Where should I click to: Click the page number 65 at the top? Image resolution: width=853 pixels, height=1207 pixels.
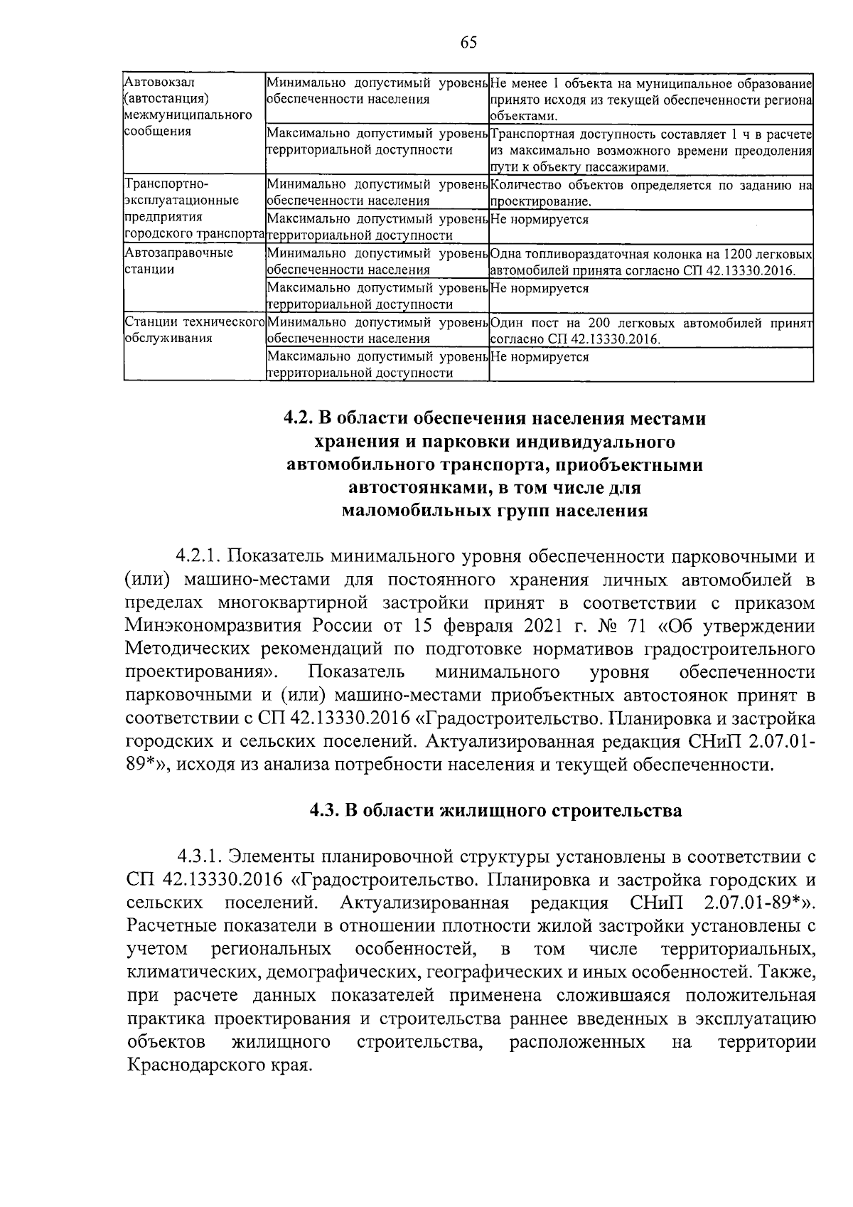point(468,43)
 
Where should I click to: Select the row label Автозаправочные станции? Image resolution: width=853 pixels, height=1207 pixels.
point(178,261)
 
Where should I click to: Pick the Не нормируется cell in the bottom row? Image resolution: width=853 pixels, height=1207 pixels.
point(540,357)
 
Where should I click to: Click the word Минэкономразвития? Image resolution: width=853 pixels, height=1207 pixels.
point(211,626)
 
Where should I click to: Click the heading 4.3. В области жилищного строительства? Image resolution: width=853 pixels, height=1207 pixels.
point(495,811)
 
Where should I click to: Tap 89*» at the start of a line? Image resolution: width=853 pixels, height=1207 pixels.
point(146,765)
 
